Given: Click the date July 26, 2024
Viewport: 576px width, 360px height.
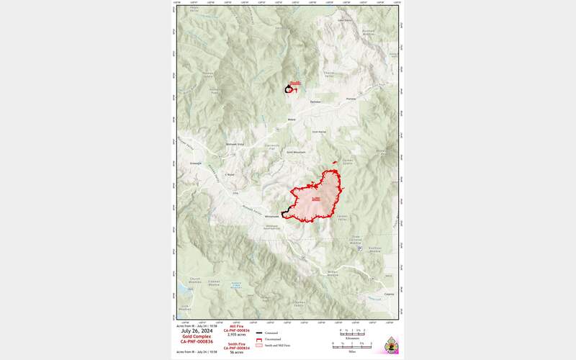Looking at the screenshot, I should coord(197,331).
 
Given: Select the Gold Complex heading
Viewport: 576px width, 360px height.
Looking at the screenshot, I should coord(197,336).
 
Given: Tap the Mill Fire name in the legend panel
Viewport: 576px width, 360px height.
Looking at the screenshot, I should coord(237,326).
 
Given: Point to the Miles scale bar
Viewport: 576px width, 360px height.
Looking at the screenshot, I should coord(352,347).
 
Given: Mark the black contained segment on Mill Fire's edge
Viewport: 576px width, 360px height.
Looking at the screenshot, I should coord(286,213).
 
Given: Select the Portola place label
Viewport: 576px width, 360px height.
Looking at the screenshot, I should coord(351,99).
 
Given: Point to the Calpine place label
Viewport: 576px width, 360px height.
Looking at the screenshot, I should coord(389,294).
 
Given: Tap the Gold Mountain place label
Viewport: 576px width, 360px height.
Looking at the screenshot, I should coord(296,153).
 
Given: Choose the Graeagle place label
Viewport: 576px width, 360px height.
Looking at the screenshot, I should coord(195,163).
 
